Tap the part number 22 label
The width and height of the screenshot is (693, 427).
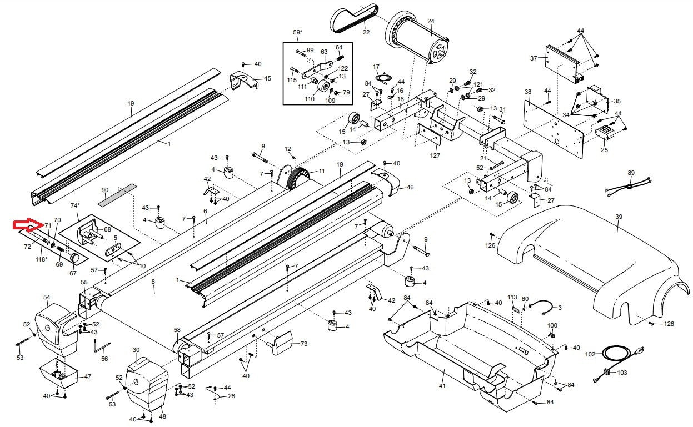click(x=366, y=32)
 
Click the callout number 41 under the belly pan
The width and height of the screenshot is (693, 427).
click(x=442, y=385)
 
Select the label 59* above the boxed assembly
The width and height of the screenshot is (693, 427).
click(x=298, y=32)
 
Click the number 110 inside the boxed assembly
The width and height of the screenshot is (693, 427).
click(x=310, y=99)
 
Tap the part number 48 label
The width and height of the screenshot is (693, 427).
click(x=162, y=416)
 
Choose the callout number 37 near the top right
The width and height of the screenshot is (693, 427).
click(x=534, y=58)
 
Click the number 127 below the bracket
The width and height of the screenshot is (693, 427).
click(x=435, y=155)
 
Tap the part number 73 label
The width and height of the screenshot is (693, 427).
click(x=303, y=344)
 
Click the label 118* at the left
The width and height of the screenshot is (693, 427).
click(x=41, y=259)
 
